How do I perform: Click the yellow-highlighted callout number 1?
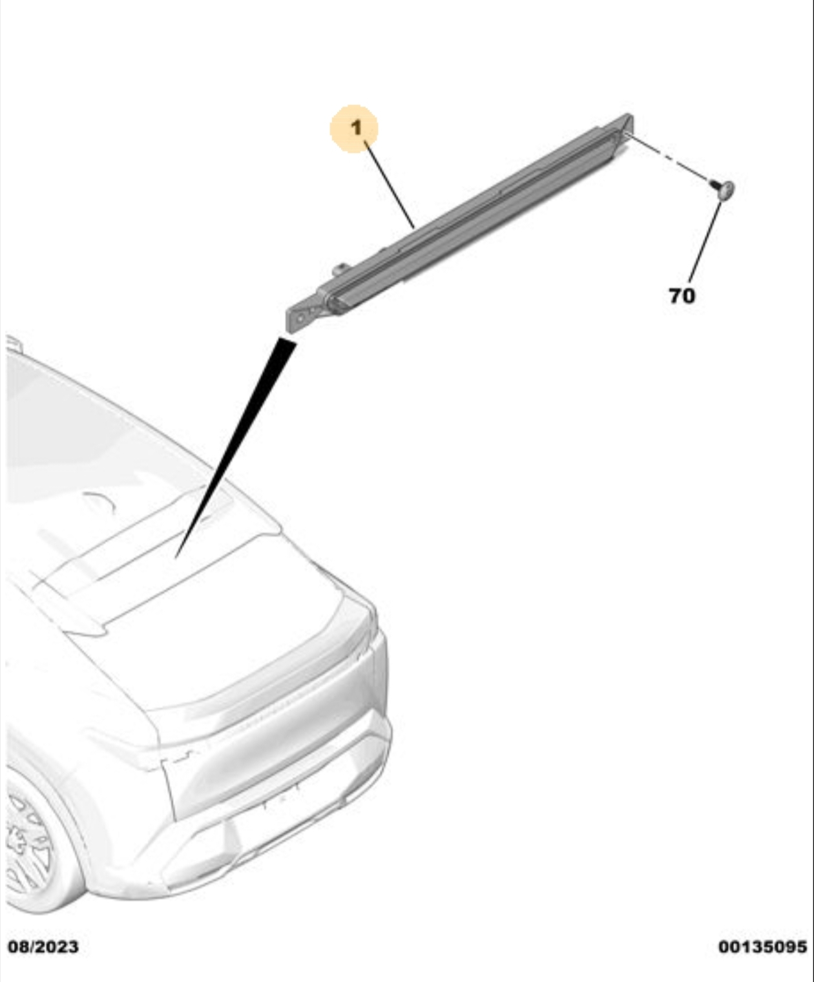[354, 129]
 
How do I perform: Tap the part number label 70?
[682, 296]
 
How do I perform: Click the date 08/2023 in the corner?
[43, 946]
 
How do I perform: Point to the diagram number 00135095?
[762, 946]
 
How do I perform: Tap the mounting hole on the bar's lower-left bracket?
[300, 319]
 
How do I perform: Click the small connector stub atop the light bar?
[340, 269]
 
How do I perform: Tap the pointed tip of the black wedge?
[176, 558]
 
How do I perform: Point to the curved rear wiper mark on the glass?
[100, 501]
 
